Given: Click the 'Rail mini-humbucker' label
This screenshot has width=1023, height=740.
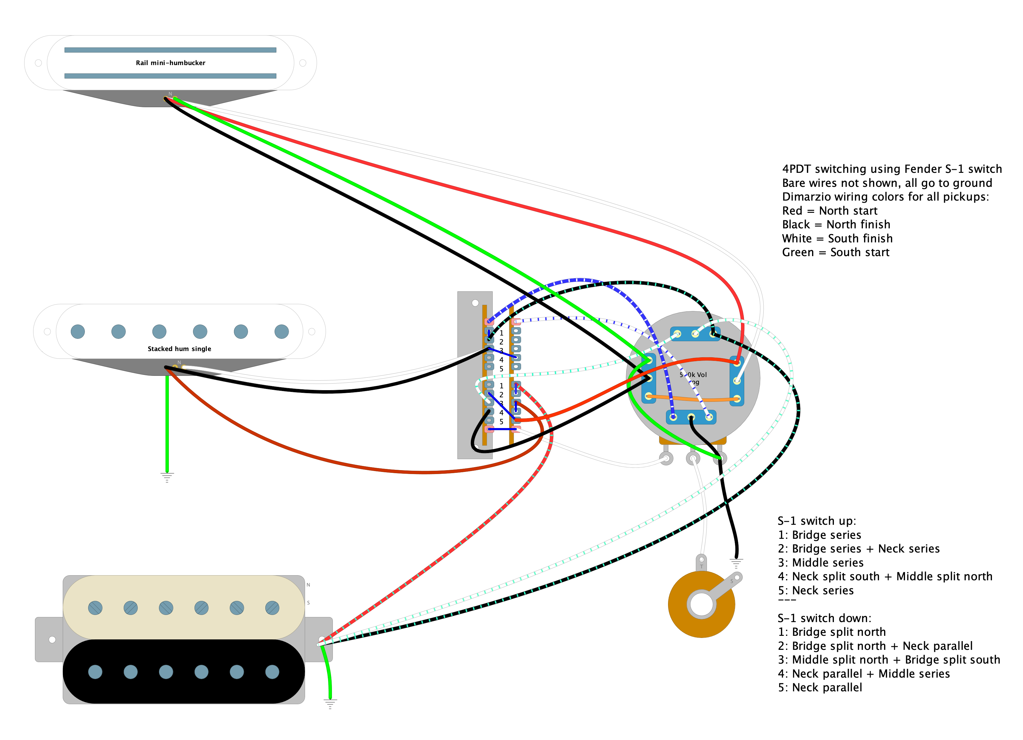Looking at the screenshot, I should point(171,63).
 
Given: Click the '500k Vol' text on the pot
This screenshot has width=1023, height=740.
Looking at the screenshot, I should point(693,375).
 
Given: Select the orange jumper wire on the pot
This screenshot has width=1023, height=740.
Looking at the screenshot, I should point(692,399).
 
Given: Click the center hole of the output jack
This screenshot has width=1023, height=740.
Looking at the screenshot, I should point(702,604).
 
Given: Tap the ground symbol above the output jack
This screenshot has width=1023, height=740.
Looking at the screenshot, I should point(736,563).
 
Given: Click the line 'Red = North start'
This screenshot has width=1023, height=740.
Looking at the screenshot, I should point(829,210).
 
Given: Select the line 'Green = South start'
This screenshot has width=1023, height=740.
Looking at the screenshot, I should point(835,252).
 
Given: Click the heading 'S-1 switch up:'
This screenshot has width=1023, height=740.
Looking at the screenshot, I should point(817,521).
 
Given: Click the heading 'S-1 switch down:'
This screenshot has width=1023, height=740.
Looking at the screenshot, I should point(824,618).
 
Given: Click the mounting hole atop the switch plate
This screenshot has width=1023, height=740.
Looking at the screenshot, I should point(475,303).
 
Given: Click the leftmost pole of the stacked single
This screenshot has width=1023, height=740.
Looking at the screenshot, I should point(78,332).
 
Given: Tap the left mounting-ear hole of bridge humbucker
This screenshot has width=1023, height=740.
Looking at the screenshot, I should point(52,639).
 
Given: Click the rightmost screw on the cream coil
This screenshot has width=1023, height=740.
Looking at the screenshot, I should point(272,608).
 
